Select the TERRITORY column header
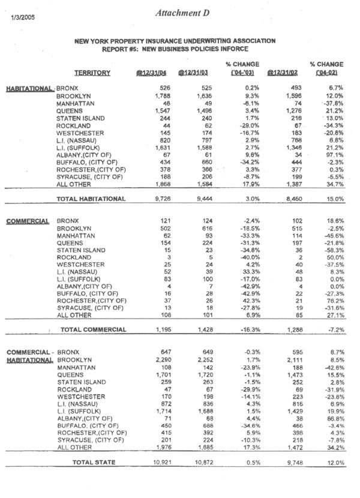point(92,73)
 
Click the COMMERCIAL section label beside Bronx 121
point(28,221)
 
